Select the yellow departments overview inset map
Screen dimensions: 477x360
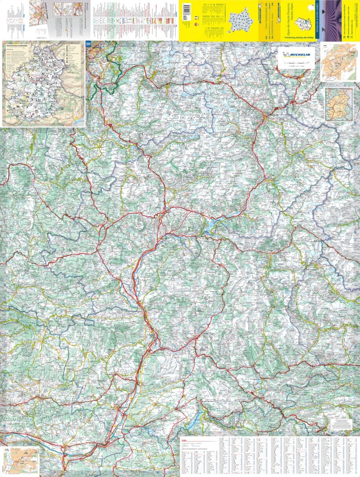click(x=339, y=104)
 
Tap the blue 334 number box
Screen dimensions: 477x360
click(x=88, y=45)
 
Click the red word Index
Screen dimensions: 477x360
click(x=185, y=440)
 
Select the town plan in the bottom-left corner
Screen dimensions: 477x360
click(x=20, y=460)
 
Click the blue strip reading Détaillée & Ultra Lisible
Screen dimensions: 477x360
click(x=317, y=20)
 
